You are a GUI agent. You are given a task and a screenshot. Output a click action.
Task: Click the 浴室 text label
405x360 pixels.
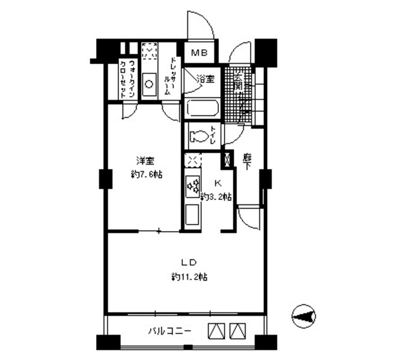tap(205, 80)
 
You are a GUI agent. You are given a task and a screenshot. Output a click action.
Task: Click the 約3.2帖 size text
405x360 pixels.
tap(215, 197)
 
